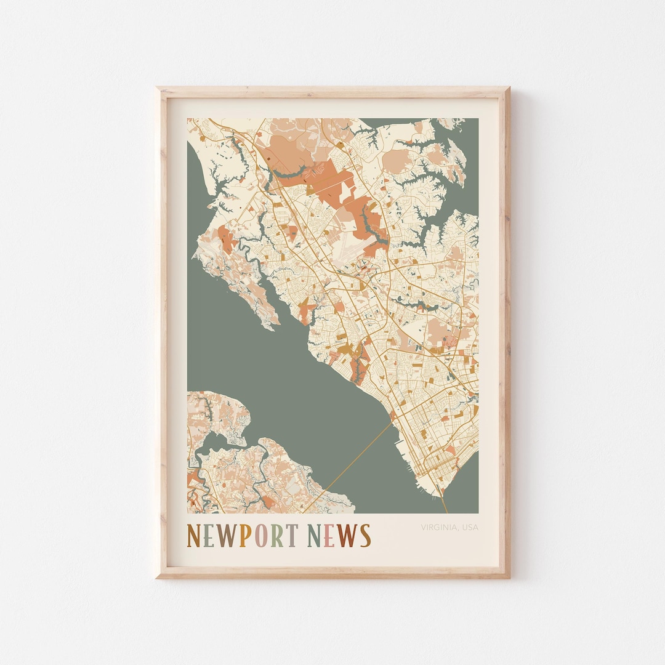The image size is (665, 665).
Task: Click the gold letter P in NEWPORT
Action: coord(244,536)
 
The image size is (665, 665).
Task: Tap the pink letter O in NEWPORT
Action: coord(260,536)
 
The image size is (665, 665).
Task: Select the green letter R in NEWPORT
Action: coord(276,536)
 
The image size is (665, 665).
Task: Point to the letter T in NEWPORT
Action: coord(291,536)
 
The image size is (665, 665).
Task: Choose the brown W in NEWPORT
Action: coord(227,536)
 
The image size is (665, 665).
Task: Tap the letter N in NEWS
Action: coord(315,536)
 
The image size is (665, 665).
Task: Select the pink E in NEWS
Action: coord(329,536)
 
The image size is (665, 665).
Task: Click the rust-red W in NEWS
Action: coord(347,536)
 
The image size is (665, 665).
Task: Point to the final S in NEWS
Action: coord(365,536)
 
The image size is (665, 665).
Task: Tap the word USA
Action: coord(470,527)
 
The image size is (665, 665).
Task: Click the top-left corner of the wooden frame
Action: coord(157,88)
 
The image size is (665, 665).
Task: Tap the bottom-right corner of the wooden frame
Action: coord(509,577)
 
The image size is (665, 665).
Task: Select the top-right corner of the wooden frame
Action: coord(509,88)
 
